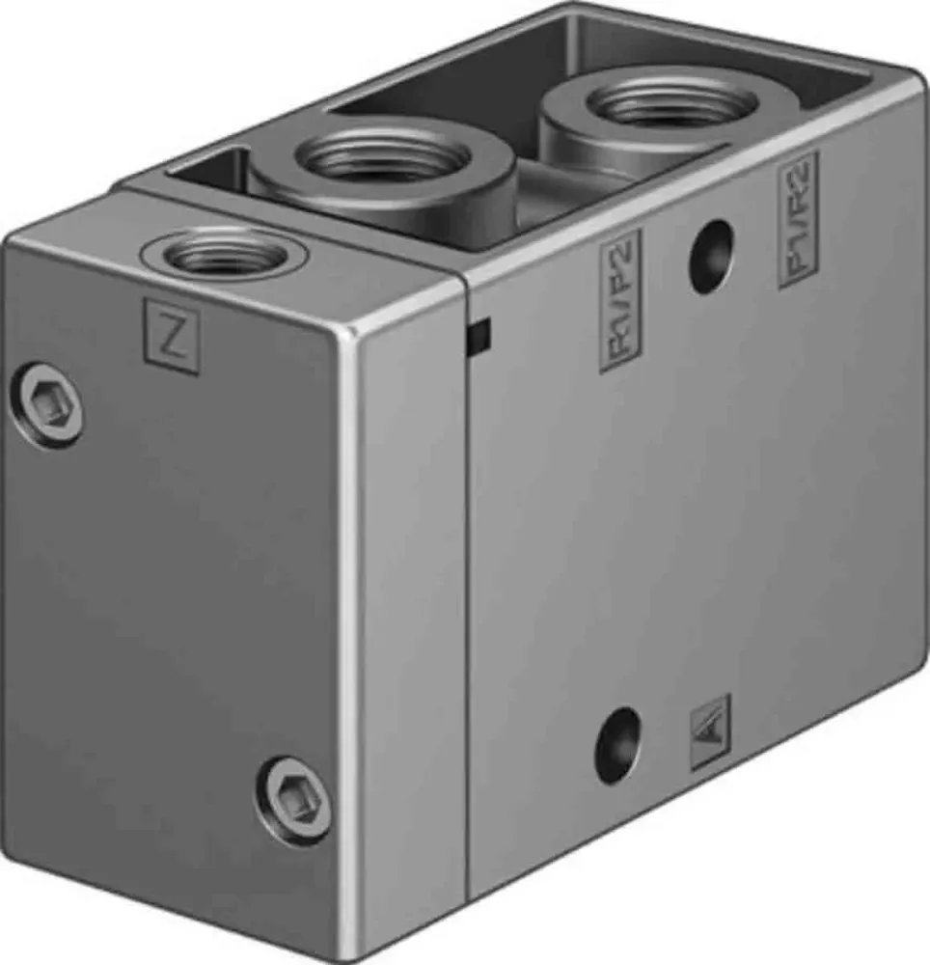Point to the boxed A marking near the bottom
click(x=711, y=732)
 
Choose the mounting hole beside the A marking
click(x=617, y=745)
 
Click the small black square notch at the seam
click(x=478, y=334)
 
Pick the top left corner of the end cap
click(x=12, y=236)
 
